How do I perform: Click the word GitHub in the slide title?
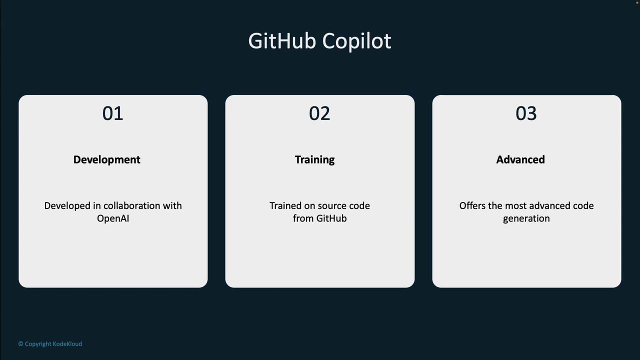point(282,41)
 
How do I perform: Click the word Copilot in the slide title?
point(357,42)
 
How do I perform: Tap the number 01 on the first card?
point(113,113)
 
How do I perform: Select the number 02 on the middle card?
point(319,113)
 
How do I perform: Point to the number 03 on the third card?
point(526,113)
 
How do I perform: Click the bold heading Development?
point(107,159)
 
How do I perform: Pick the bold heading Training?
point(315,160)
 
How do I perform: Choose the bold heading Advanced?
point(520,159)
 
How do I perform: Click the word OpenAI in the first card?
point(113,218)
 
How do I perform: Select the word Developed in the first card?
point(67,206)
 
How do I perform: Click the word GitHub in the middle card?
point(331,218)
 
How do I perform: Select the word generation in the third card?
point(526,219)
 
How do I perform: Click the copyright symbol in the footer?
point(20,343)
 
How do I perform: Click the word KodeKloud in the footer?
point(67,343)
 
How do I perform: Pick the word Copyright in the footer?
point(38,344)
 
